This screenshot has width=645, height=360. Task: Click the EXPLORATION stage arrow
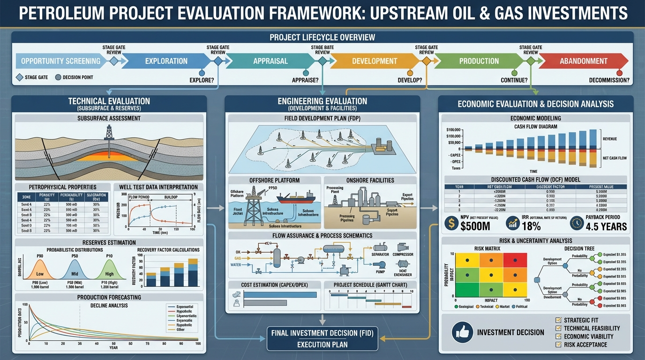coord(166,61)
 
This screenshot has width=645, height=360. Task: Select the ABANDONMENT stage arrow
coord(583,61)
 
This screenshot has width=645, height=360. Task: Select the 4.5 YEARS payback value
coord(606,226)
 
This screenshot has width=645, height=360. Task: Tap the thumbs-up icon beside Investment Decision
coord(462,332)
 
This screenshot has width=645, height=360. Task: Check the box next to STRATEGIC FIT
coord(558,320)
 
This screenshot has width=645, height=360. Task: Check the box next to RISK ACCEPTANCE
coord(558,345)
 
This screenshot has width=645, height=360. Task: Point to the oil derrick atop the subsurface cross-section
coord(109,133)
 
